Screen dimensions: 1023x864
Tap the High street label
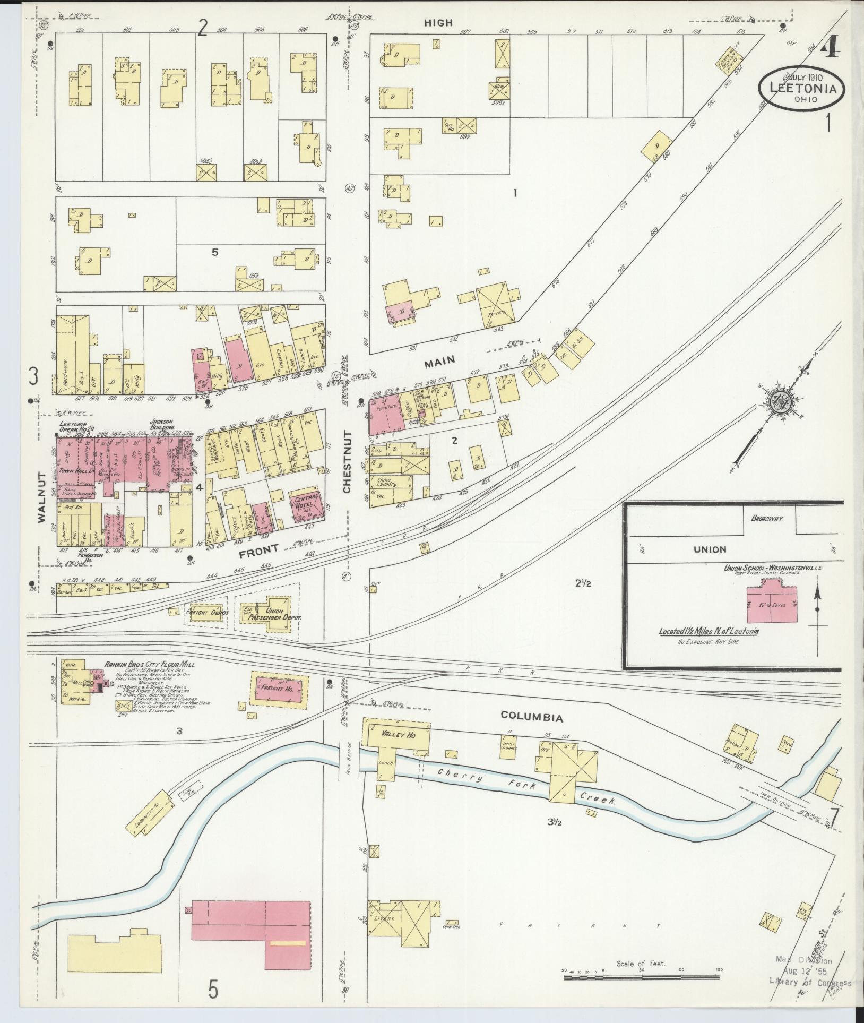pos(438,22)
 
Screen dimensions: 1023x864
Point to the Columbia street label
pos(531,718)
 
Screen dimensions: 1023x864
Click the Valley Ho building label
pos(398,735)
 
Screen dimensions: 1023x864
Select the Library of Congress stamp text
pos(810,983)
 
